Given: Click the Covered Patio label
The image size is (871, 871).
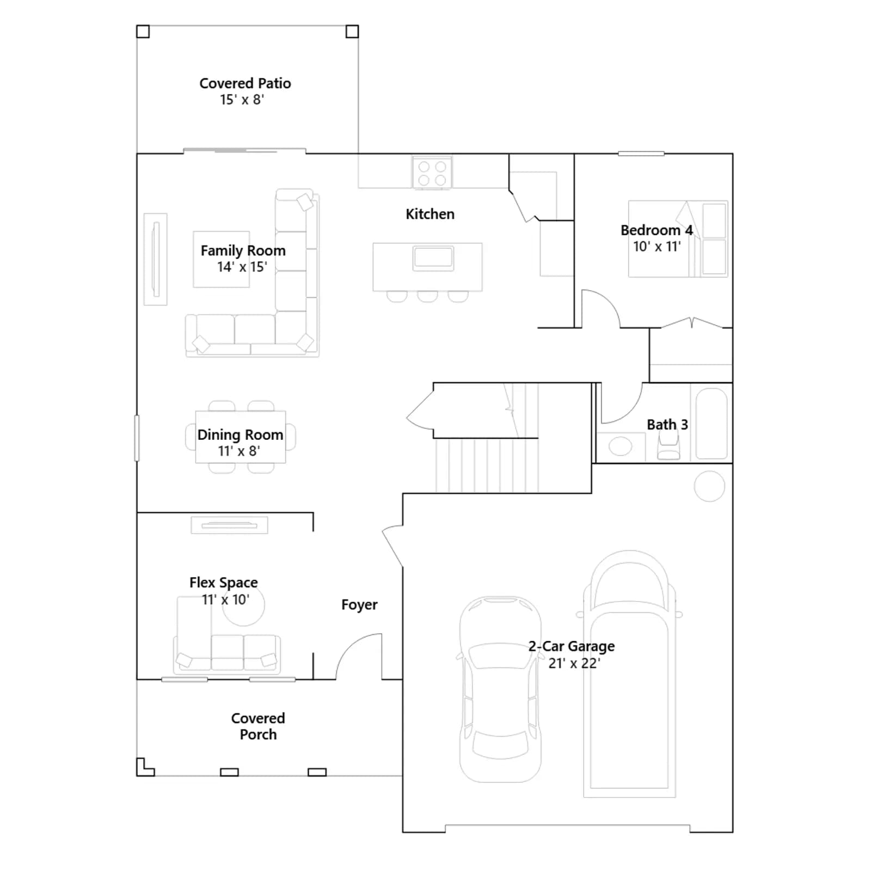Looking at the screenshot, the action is (x=245, y=83).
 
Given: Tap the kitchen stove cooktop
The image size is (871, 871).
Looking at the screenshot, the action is (x=432, y=173).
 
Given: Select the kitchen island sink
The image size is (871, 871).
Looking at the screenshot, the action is (x=433, y=258).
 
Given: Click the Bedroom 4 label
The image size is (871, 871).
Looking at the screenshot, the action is (x=657, y=230).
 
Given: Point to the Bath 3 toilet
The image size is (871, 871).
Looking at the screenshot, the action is (x=668, y=446).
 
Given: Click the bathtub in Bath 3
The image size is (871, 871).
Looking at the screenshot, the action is (x=711, y=423).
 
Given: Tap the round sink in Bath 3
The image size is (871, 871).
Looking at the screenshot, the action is (x=620, y=446).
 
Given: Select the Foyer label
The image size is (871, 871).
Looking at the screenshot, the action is (x=359, y=605).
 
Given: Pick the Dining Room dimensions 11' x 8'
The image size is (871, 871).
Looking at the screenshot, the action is (x=239, y=451).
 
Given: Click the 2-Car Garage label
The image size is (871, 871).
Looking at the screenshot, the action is (x=572, y=646).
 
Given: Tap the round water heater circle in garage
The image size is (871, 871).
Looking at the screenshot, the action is (x=709, y=486).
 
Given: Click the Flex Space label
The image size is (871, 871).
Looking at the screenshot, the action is (x=224, y=582).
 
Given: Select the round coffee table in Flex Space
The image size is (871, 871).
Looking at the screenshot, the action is (x=243, y=605).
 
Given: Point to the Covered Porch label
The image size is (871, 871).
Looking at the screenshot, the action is (x=258, y=726).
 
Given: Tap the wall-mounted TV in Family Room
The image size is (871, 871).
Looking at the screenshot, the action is (x=156, y=259).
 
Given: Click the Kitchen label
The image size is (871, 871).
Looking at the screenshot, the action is (x=430, y=214).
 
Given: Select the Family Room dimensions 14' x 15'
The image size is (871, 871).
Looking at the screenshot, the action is (x=242, y=267).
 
